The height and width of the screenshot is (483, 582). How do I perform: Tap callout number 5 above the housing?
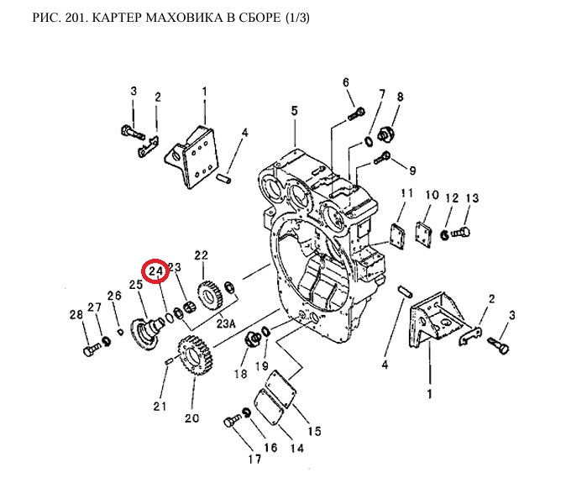pyautogui.click(x=294, y=110)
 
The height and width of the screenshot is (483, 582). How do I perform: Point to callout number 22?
pyautogui.click(x=201, y=255)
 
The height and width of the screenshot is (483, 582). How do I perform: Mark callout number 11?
pyautogui.click(x=406, y=194)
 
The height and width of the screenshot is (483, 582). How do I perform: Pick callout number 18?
pyautogui.click(x=241, y=374)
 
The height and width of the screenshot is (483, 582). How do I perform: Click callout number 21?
pyautogui.click(x=160, y=407)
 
